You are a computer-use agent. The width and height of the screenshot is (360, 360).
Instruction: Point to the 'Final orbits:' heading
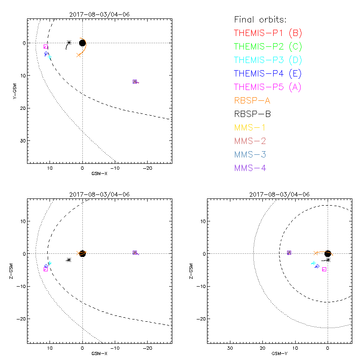(x=260, y=19)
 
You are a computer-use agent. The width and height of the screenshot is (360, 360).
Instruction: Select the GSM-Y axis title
(x=279, y=353)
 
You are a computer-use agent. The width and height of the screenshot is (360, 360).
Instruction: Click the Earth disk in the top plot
(x=82, y=43)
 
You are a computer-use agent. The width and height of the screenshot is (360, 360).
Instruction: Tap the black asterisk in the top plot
(x=69, y=43)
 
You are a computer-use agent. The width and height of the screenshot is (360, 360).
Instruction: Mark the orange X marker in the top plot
(x=79, y=55)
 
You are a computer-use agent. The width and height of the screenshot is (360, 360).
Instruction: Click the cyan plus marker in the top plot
(x=49, y=57)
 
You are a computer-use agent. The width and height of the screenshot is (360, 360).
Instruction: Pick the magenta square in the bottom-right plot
(x=324, y=269)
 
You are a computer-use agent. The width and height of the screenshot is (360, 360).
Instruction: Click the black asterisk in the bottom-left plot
(x=68, y=260)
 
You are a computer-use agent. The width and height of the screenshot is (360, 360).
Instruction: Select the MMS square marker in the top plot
(x=135, y=81)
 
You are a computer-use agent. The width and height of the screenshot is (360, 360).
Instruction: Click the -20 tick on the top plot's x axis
(x=147, y=167)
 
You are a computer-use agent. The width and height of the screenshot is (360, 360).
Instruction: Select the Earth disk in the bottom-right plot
(x=328, y=253)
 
